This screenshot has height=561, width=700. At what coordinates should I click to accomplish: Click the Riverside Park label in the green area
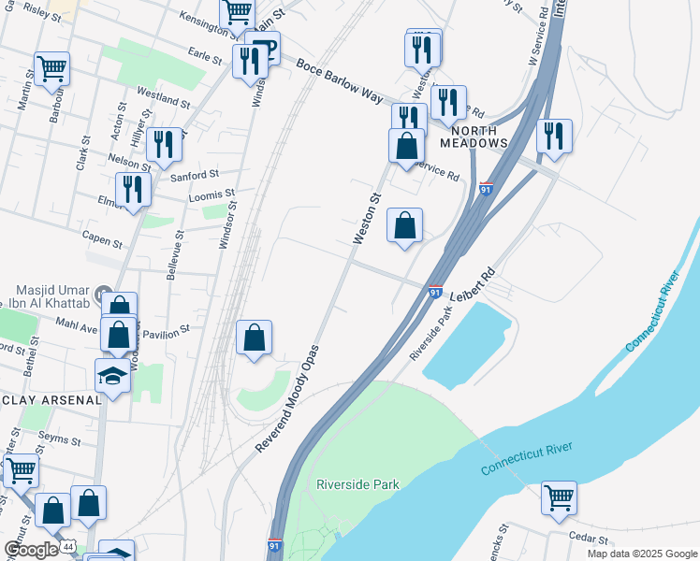tap(357, 484)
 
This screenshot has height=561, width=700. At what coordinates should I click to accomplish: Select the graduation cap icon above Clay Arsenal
tap(113, 376)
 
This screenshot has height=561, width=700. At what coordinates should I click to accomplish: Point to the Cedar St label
tap(589, 539)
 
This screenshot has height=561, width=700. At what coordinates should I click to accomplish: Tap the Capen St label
tap(103, 240)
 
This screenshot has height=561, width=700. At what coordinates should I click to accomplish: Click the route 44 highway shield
tap(67, 544)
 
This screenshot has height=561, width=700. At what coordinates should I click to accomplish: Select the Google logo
tap(30, 549)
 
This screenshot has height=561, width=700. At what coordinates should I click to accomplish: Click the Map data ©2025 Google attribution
tap(641, 554)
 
